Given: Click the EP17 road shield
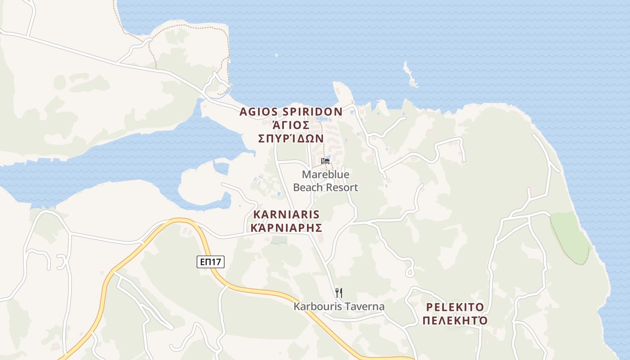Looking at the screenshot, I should [x=211, y=261].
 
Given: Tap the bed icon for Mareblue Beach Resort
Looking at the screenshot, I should [x=325, y=161].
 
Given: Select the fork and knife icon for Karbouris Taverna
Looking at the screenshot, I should [x=339, y=293].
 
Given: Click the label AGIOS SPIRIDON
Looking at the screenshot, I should [x=291, y=112].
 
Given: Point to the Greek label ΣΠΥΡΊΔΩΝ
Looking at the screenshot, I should [x=291, y=138].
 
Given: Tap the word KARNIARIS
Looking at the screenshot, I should [x=286, y=214].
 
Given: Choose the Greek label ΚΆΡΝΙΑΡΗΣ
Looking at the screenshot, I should [x=286, y=228].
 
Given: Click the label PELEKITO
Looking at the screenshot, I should [x=455, y=307].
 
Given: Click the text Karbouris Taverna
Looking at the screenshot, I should [x=339, y=307].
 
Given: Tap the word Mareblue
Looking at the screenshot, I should [x=325, y=174].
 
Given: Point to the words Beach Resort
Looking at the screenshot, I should [x=325, y=187].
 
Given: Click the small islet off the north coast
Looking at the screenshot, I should [x=410, y=75].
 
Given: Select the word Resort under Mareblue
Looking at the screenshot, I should [x=342, y=187].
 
